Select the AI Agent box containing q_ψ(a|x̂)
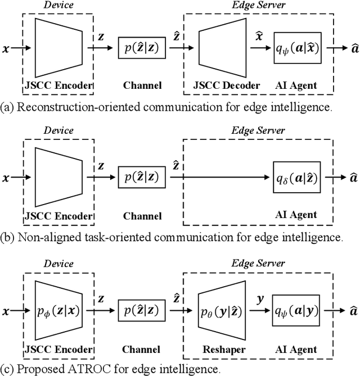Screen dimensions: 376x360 (x=297, y=48)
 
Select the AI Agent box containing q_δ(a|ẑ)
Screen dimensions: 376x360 (x=297, y=178)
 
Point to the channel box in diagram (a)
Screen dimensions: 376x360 (x=142, y=48)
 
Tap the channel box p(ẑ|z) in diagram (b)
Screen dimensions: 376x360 (x=142, y=178)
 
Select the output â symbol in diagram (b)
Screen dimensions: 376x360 (x=352, y=178)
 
